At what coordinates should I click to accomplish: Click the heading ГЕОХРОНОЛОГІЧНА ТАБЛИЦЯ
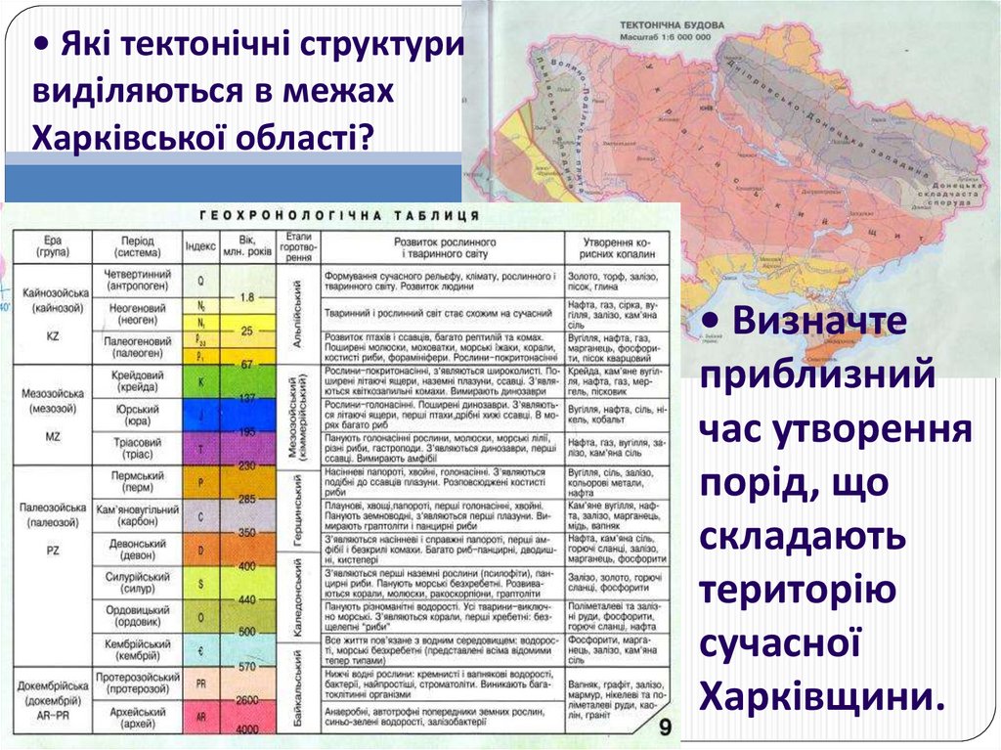coord(339,215)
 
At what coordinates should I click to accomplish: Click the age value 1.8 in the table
coord(245,296)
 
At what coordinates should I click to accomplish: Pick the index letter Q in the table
coord(200,280)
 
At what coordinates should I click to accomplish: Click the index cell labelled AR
coord(200,717)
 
